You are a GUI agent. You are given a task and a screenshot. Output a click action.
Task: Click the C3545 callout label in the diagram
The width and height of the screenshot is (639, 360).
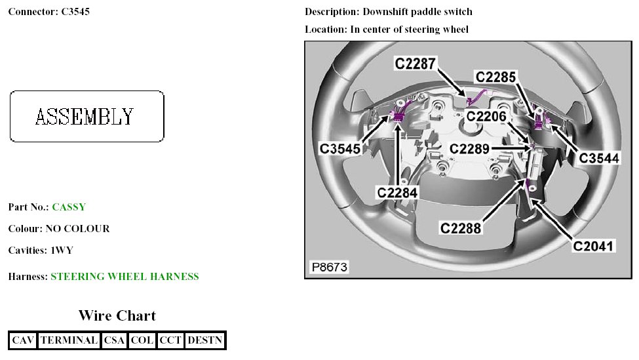point(340,149)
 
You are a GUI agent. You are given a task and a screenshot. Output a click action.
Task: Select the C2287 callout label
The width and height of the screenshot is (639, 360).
point(415,64)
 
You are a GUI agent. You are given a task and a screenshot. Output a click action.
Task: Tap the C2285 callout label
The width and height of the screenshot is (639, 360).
point(496,77)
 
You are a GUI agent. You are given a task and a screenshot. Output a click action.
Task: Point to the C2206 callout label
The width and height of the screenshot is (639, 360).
point(487,116)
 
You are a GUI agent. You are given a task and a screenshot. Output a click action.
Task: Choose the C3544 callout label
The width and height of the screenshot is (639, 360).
point(598,158)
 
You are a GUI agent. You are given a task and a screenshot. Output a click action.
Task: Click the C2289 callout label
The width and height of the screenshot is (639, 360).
point(469,150)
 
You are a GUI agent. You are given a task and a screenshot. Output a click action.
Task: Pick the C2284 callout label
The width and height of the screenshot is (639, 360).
point(397,192)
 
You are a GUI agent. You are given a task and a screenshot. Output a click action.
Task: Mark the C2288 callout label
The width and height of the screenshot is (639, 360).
point(461,228)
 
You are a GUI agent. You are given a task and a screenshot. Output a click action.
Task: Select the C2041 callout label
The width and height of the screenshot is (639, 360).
point(594,247)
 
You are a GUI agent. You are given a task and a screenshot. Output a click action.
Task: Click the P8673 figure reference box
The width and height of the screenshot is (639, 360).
point(330,268)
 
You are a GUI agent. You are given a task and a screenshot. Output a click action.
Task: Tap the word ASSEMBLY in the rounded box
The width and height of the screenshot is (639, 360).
point(85,117)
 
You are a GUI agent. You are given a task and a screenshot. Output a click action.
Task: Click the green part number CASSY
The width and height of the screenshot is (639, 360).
point(69,207)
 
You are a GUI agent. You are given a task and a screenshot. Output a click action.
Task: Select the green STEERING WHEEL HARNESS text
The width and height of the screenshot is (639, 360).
point(125,277)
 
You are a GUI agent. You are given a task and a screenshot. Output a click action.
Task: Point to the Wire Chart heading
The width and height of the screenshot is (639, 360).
point(117,315)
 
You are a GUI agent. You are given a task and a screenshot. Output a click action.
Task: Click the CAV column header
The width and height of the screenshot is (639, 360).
point(23,340)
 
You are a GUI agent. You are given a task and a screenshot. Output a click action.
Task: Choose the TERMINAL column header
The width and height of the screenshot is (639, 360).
point(69,340)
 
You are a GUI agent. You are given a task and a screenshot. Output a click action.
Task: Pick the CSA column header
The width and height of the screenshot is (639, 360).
point(114,340)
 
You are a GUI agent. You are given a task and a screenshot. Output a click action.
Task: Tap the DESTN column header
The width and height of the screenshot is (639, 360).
point(205,340)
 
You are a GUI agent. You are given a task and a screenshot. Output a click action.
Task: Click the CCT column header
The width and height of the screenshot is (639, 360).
point(170,340)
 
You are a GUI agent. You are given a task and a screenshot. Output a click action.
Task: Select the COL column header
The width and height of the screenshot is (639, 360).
point(142,340)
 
